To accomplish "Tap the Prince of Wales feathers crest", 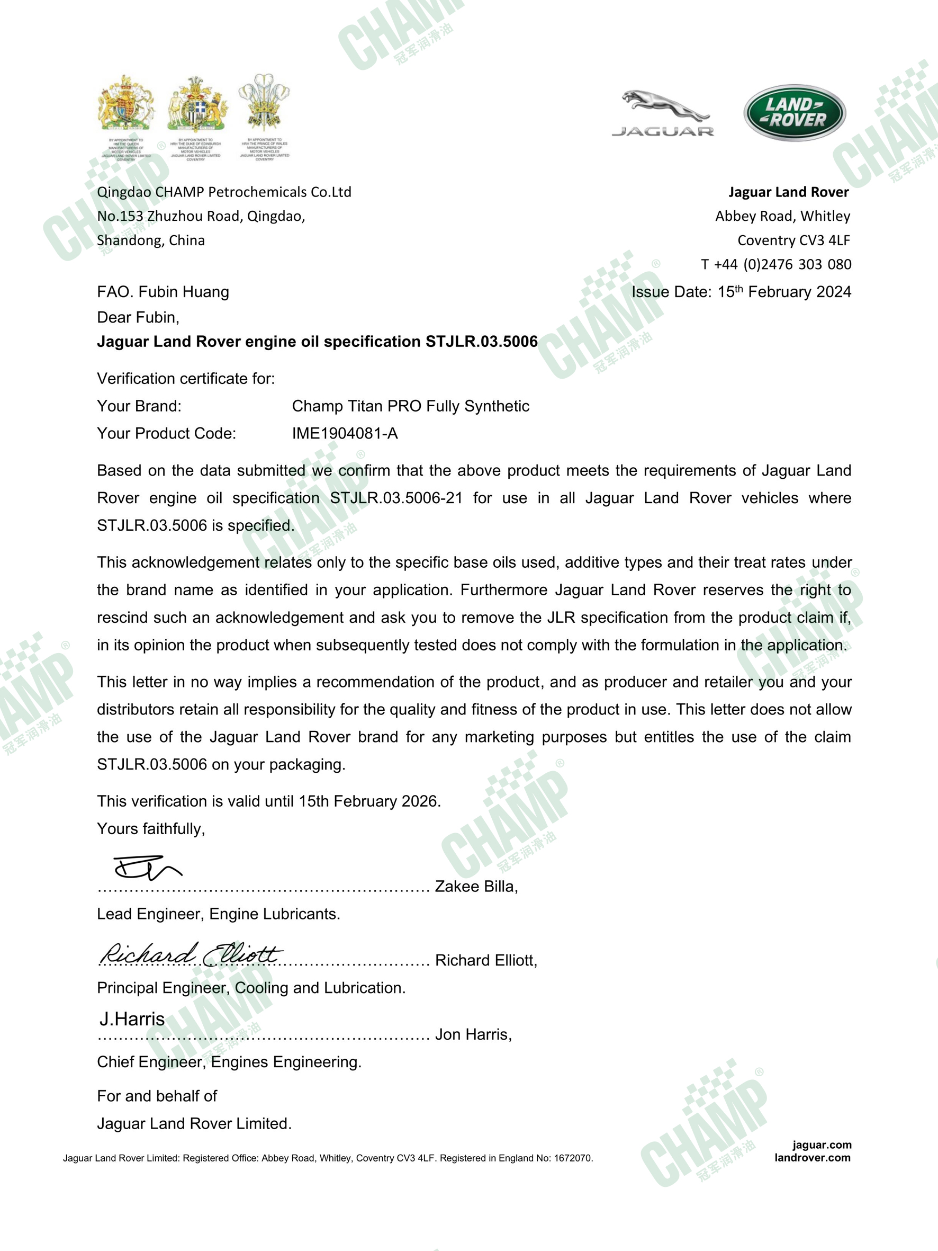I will (x=264, y=105).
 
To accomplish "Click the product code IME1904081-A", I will (x=345, y=433).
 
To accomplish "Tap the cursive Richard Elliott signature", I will (x=191, y=954).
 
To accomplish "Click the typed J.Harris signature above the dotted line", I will (x=132, y=1019).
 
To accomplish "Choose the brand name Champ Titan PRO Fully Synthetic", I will (x=410, y=406).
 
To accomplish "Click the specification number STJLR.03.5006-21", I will (x=396, y=498).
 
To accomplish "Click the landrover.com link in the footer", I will (x=812, y=1158).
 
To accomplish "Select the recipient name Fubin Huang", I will (x=184, y=292).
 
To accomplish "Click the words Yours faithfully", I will (x=151, y=828).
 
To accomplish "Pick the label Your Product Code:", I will (x=166, y=433).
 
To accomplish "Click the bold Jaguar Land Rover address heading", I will (x=788, y=192).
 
